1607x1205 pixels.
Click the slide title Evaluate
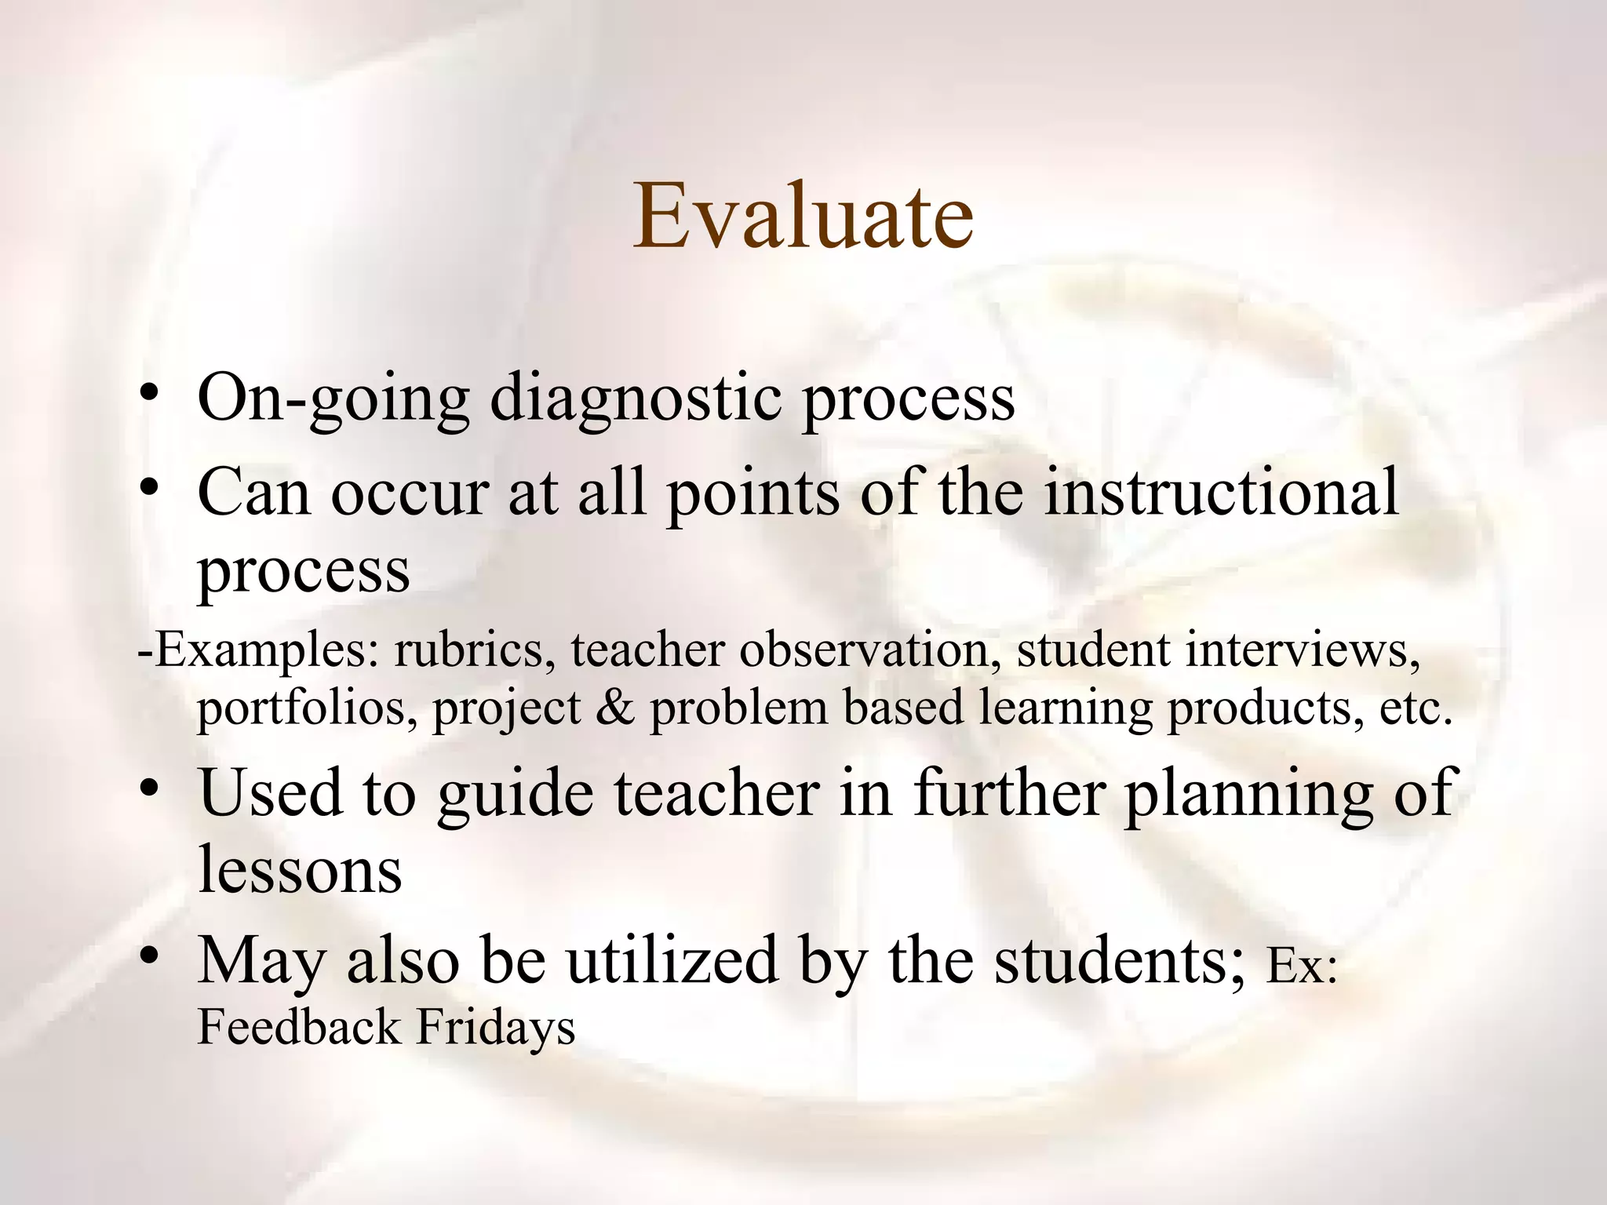803,216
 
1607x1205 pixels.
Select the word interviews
1303,651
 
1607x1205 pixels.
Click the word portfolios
306,708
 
